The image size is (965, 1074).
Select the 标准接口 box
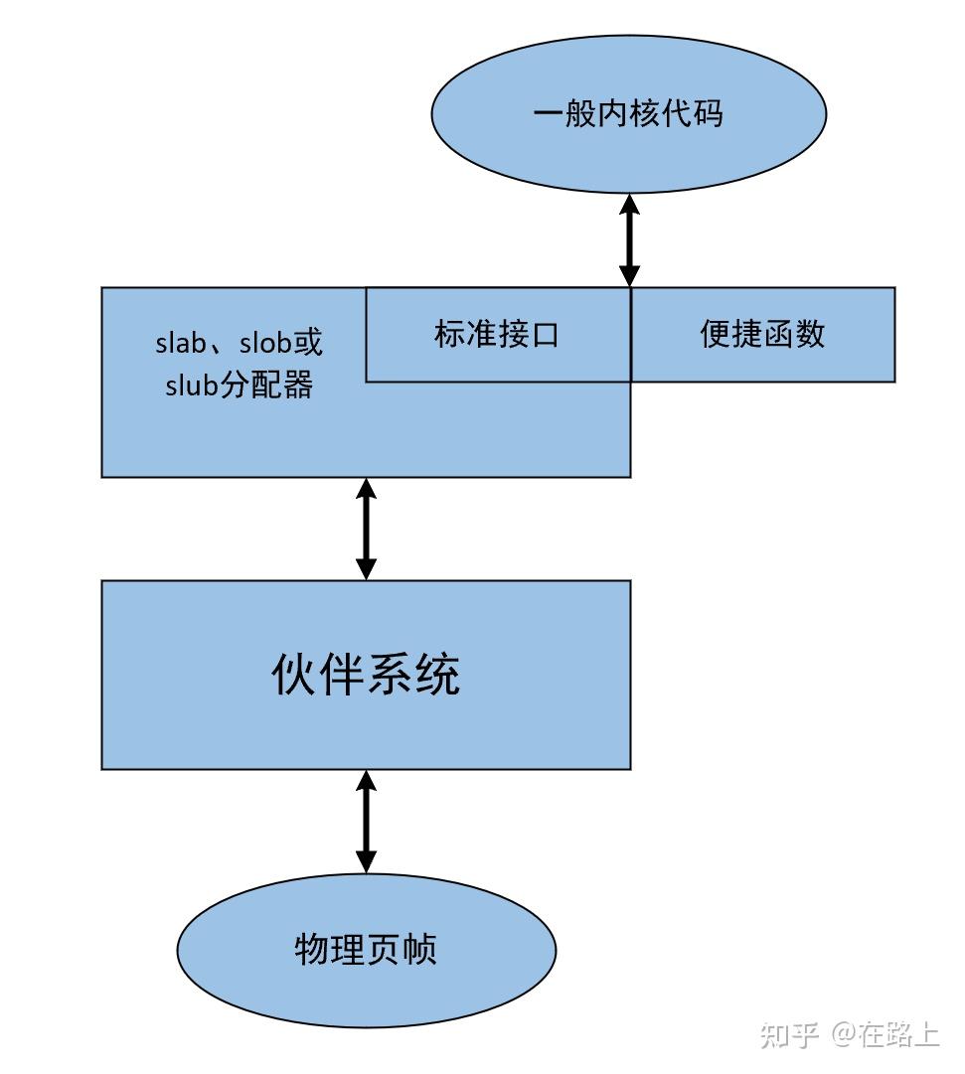(497, 335)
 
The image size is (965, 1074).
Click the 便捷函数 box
(763, 335)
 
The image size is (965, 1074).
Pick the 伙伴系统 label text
(366, 676)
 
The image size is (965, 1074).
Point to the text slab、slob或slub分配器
(240, 364)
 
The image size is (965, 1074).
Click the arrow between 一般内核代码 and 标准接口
(629, 240)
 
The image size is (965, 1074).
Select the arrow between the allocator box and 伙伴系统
(367, 529)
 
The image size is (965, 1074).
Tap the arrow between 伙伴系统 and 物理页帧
(367, 822)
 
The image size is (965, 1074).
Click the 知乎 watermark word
(789, 1034)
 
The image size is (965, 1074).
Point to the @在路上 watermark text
(885, 1034)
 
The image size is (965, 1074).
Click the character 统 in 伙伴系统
(437, 676)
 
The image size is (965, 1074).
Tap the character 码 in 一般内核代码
(708, 113)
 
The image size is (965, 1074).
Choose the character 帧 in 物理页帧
(420, 950)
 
